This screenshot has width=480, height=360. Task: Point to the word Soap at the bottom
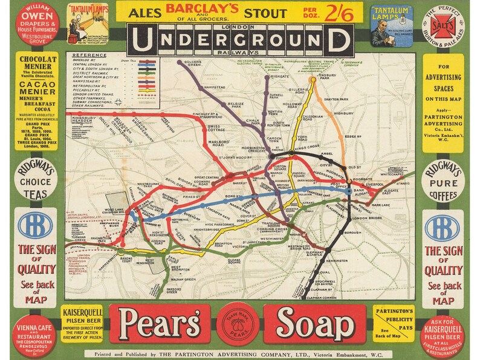[319, 323]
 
